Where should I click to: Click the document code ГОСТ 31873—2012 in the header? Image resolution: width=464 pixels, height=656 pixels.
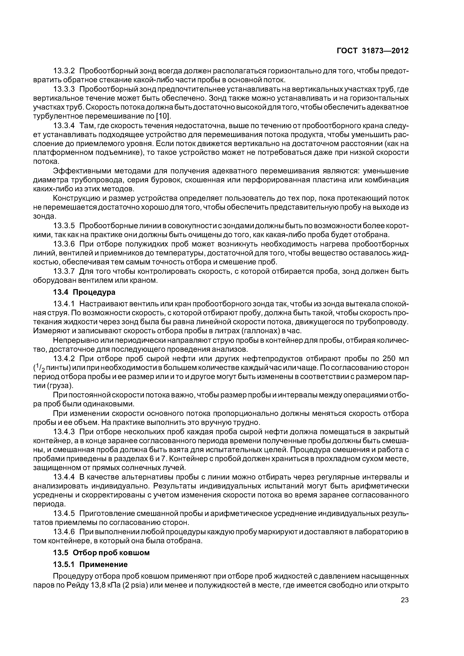click(373, 51)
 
